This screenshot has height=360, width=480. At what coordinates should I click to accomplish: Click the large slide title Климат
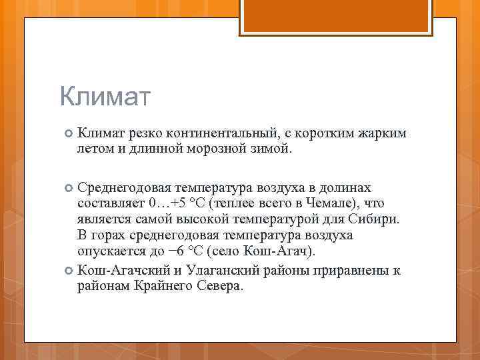click(105, 97)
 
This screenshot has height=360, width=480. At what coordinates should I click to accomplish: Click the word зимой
click(273, 147)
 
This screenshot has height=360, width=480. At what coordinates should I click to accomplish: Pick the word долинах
click(343, 188)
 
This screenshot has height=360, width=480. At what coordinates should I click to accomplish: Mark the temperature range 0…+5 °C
click(177, 203)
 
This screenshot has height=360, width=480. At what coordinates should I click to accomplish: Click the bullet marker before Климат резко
click(67, 134)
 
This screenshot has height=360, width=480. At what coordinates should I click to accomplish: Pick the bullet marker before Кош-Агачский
click(67, 270)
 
